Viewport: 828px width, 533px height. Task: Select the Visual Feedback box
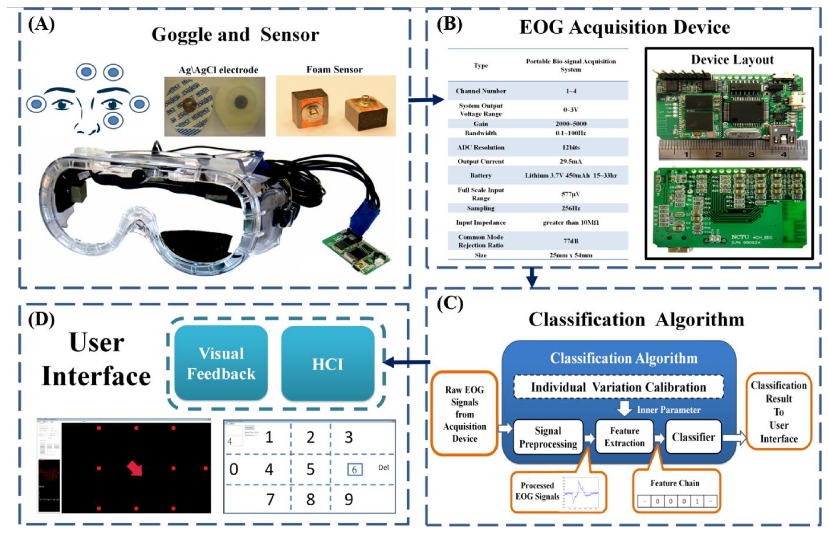pyautogui.click(x=221, y=363)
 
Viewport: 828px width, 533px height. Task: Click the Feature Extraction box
pyautogui.click(x=624, y=437)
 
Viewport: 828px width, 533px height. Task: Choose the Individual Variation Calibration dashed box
pyautogui.click(x=618, y=387)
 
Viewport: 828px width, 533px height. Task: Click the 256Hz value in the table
pyautogui.click(x=571, y=208)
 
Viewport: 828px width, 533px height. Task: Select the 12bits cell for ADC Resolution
pyautogui.click(x=571, y=147)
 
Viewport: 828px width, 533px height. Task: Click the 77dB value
pyautogui.click(x=571, y=241)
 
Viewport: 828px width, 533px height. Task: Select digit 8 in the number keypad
pyautogui.click(x=310, y=499)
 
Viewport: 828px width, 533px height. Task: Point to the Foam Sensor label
pyautogui.click(x=334, y=70)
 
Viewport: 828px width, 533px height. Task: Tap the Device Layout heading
pyautogui.click(x=732, y=60)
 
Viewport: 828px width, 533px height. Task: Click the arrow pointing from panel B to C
pyautogui.click(x=532, y=277)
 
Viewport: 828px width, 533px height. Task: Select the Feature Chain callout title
pyautogui.click(x=675, y=483)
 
